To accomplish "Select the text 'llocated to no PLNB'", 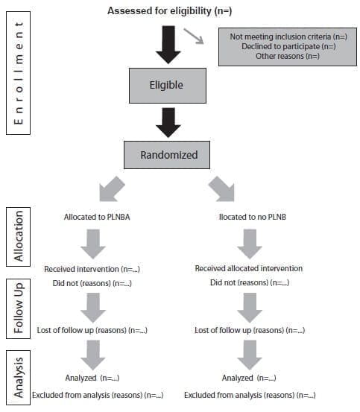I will [248, 217].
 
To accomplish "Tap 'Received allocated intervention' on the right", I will [248, 268].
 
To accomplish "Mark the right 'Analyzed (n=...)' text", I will [250, 378].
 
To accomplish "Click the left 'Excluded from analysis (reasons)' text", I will [98, 394].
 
